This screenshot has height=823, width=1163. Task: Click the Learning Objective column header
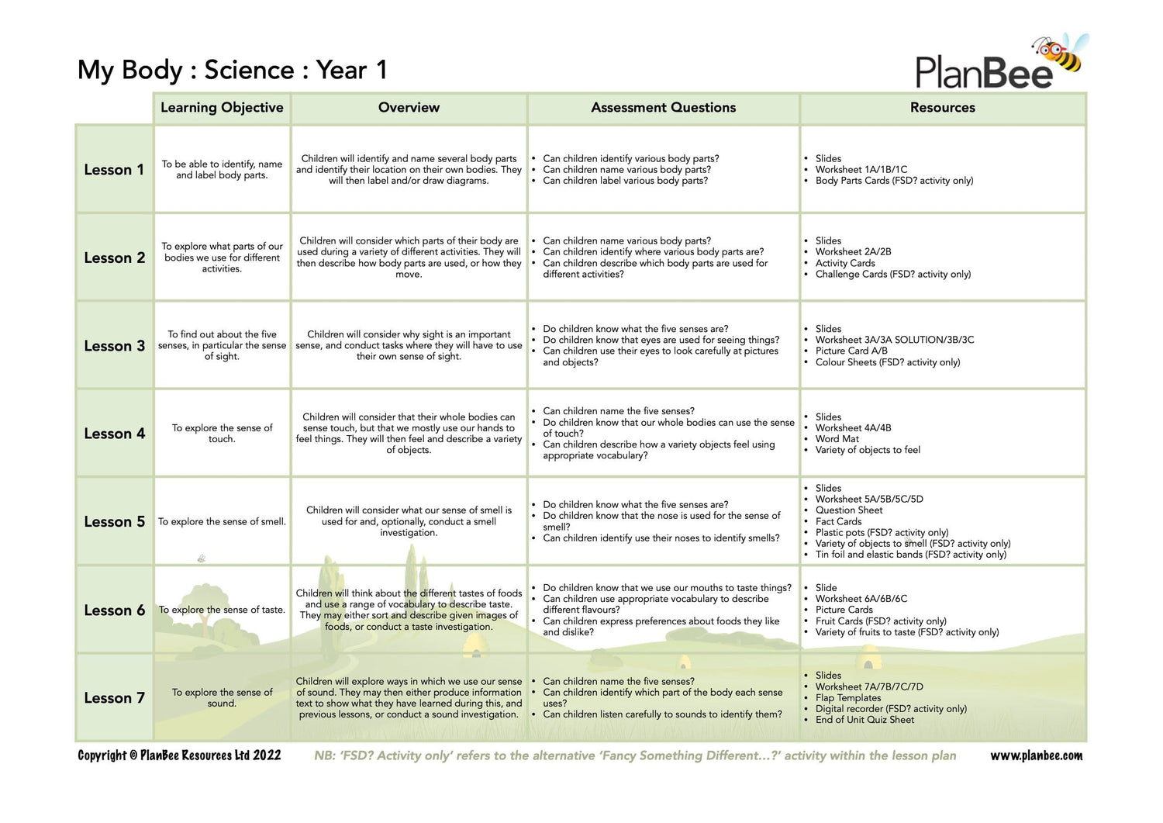[222, 108]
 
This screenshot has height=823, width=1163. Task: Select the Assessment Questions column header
[663, 108]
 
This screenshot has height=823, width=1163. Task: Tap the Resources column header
[942, 108]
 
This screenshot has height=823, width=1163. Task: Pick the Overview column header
[409, 108]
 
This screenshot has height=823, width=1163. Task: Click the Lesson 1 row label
[114, 170]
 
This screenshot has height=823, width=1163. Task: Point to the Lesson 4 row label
[114, 434]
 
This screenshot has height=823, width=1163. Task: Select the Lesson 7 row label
[114, 698]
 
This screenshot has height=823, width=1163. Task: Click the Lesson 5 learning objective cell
[222, 522]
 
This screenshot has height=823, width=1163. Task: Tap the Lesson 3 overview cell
[409, 345]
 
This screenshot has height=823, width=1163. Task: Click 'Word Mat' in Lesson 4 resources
[837, 439]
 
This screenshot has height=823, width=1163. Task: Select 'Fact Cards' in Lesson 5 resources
[838, 521]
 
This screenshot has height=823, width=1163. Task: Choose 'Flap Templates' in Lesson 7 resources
[848, 698]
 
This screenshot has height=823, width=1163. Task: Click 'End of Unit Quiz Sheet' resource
[864, 720]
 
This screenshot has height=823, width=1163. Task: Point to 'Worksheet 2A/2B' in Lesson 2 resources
[853, 252]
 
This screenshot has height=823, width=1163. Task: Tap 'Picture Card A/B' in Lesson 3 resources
[851, 351]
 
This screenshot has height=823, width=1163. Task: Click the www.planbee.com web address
[1036, 756]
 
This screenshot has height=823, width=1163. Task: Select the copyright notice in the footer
[179, 756]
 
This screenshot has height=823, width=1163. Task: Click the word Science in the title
[249, 71]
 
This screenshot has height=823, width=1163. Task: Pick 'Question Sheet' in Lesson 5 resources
[849, 510]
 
